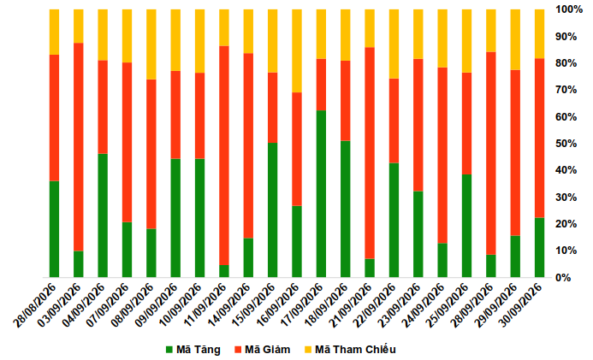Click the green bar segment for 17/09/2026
[x=321, y=194]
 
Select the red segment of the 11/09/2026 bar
[x=224, y=156]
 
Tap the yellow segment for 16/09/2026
[x=297, y=51]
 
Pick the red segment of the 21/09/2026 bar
[x=370, y=153]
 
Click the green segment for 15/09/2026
[x=273, y=210]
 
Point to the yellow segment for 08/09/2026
[x=151, y=44]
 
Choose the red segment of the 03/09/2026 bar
[x=78, y=147]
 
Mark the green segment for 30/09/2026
[x=539, y=247]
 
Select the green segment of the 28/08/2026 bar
[x=54, y=229]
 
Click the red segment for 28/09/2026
[x=491, y=153]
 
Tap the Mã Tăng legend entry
[x=193, y=350]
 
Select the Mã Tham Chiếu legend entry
[x=350, y=350]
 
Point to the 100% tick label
[x=569, y=9]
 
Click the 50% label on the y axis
[x=566, y=144]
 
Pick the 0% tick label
[x=564, y=278]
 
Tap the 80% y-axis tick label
[x=566, y=63]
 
